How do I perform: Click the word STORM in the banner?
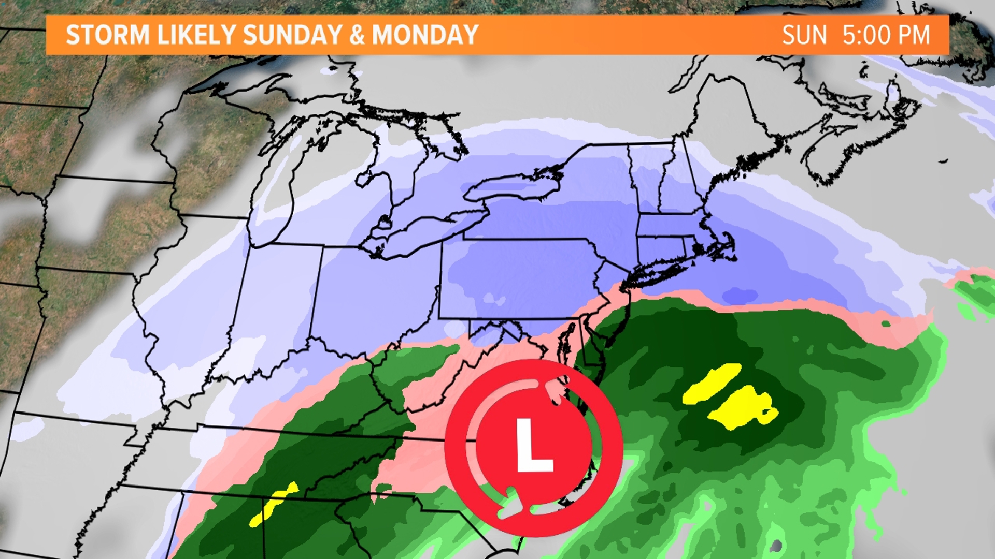pos(108,35)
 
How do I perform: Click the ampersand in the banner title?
pos(357,35)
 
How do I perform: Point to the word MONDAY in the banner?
pos(425,35)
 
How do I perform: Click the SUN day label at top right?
pos(804,35)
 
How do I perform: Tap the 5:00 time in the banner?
pos(866,35)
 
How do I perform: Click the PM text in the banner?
pos(914,35)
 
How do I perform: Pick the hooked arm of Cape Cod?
pos(728,243)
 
